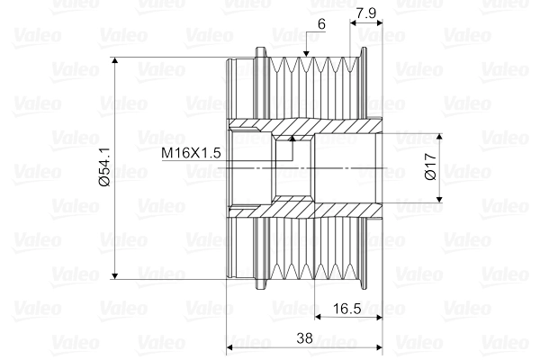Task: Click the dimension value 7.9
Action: (x=366, y=13)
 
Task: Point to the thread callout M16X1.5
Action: (x=191, y=153)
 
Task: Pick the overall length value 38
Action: (x=304, y=339)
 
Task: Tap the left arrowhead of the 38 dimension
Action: (x=230, y=347)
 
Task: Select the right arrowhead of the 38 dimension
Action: (x=378, y=347)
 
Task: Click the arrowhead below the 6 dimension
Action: (x=307, y=55)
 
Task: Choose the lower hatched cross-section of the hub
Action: (x=306, y=208)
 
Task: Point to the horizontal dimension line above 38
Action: (x=304, y=347)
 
